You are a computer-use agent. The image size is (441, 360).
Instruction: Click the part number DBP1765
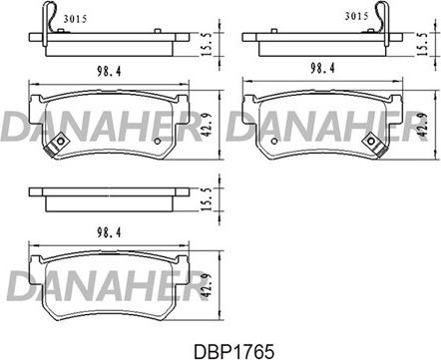coord(233,350)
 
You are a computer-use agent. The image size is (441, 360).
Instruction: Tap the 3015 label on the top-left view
coord(75,19)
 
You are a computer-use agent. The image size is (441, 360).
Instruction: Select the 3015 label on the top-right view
coord(356,16)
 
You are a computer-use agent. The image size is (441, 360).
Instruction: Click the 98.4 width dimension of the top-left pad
coord(109,72)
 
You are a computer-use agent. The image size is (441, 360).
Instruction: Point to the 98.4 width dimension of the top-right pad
coord(322,69)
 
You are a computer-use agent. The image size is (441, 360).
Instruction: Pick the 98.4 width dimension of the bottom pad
coord(109,232)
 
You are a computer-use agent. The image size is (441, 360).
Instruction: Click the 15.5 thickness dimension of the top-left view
coord(207,45)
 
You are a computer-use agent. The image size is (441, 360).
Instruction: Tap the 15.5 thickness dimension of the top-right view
coord(423,45)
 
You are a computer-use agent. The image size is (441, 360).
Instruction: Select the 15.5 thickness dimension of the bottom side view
coord(207,199)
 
